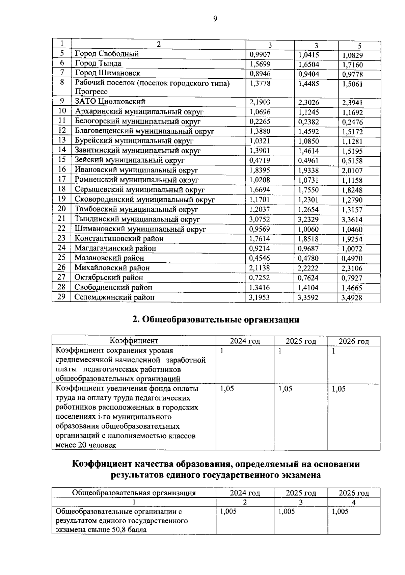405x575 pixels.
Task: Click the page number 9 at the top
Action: click(215, 19)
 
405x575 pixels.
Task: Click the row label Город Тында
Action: click(98, 63)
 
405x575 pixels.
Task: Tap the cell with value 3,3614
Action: click(352, 220)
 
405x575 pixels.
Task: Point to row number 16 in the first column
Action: click(62, 169)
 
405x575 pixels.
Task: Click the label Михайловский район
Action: click(112, 268)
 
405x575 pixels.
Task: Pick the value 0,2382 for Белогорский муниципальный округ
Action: click(308, 122)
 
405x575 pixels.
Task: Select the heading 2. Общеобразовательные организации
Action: click(216, 319)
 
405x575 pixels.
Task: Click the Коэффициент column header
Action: click(134, 341)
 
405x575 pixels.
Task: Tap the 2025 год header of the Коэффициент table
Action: click(301, 341)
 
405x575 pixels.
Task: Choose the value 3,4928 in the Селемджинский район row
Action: click(352, 298)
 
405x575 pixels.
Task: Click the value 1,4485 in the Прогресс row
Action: click(308, 83)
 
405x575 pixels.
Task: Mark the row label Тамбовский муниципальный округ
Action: click(136, 210)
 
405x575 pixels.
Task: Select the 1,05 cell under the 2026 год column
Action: click(339, 389)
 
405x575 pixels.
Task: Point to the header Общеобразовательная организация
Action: click(134, 493)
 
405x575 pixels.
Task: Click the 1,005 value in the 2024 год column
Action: click(228, 512)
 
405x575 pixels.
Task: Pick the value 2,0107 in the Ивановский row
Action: click(352, 171)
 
